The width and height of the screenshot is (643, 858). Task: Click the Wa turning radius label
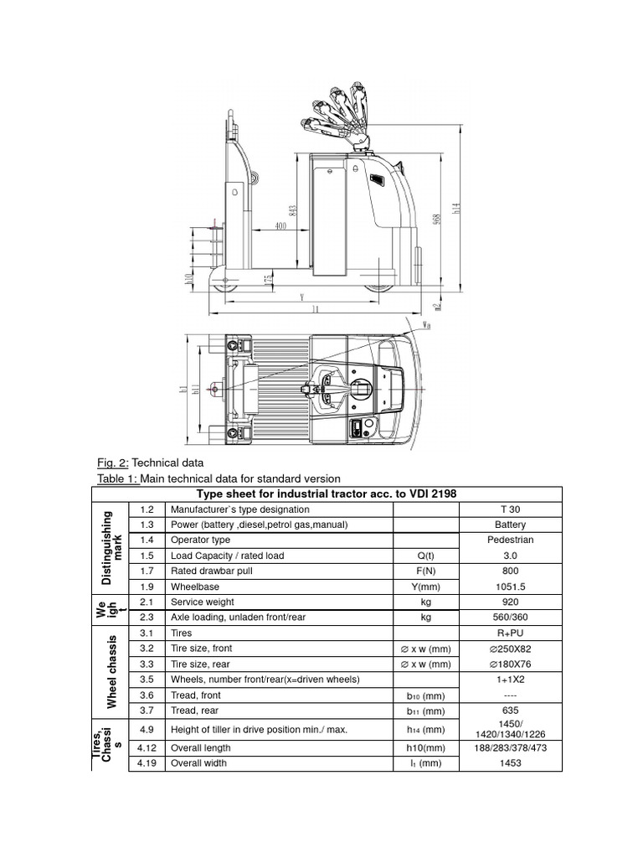[427, 323]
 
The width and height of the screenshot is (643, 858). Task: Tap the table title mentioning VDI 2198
[327, 494]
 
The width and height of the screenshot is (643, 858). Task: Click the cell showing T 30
[510, 509]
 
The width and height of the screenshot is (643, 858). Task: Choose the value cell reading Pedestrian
[510, 540]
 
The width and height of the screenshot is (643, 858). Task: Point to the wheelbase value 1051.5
[510, 587]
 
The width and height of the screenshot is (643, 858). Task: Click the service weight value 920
[510, 602]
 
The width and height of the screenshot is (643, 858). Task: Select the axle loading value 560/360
[510, 617]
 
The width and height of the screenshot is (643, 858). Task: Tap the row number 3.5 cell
[147, 679]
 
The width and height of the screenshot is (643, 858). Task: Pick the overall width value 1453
[510, 763]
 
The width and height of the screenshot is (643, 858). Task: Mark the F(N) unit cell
[425, 571]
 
